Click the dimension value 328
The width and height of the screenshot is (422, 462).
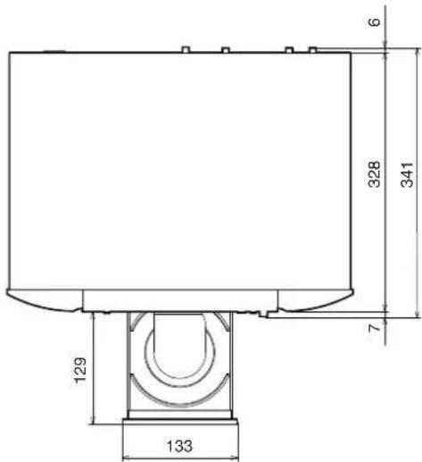374,174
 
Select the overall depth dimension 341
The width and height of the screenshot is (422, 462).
407,174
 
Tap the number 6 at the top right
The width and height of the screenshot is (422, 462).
374,22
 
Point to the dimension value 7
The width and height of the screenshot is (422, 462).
374,328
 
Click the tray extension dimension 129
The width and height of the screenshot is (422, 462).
80,370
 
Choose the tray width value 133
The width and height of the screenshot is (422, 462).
179,446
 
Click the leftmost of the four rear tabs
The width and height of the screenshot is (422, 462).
186,49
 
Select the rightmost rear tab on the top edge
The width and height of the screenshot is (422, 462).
312,50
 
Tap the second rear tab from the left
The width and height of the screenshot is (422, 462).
226,50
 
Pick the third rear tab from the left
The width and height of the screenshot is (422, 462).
289,50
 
